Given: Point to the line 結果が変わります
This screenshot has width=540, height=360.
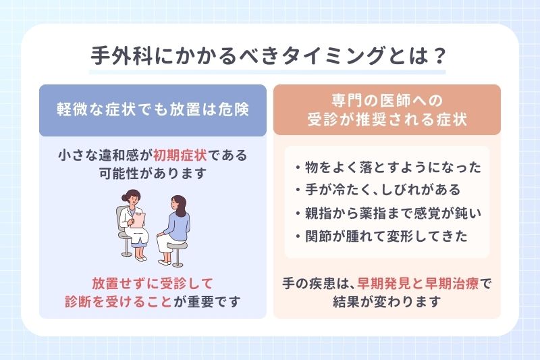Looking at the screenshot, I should pos(387,301).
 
